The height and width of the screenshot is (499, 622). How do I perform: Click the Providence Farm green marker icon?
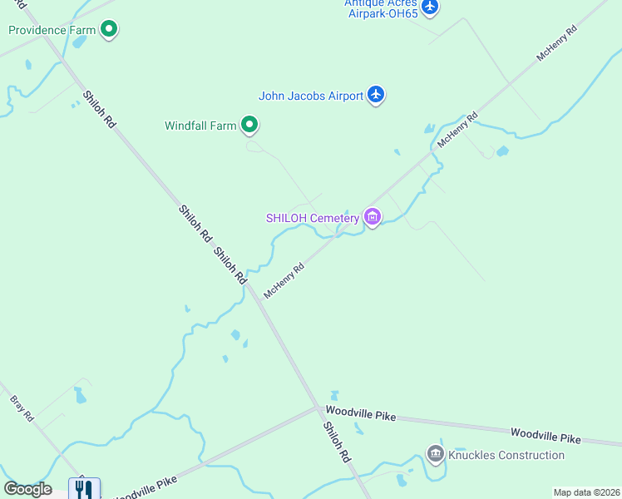click(x=108, y=31)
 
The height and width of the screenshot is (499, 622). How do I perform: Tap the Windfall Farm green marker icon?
click(x=249, y=126)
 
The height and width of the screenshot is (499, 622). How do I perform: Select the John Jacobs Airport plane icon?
click(x=376, y=95)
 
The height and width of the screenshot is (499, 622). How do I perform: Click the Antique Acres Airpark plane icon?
click(x=429, y=7)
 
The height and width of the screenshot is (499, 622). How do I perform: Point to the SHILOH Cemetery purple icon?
click(x=372, y=218)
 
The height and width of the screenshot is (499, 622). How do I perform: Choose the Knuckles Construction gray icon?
click(x=435, y=454)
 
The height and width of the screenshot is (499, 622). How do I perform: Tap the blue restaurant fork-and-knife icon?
click(x=83, y=489)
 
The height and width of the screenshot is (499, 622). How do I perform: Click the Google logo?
click(x=27, y=489)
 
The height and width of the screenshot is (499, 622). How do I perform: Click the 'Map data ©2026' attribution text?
click(x=586, y=492)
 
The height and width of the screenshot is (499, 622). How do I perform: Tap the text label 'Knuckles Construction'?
click(x=506, y=455)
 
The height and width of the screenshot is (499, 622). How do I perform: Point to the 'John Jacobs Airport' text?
click(x=311, y=96)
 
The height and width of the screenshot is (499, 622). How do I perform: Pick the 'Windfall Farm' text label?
click(x=200, y=126)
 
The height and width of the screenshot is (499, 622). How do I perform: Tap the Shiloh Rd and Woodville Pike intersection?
click(x=318, y=408)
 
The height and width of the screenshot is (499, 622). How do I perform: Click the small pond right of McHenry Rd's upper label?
click(x=502, y=151)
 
